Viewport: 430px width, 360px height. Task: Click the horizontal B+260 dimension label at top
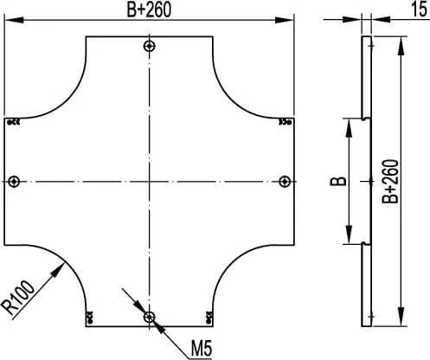[149, 10]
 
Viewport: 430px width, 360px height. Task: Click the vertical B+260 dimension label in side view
[390, 182]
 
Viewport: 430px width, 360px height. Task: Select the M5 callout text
[202, 349]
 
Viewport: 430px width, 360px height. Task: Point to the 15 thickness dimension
[419, 9]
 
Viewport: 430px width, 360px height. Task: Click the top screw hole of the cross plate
[150, 46]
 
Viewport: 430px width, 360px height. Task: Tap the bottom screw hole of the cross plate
[150, 318]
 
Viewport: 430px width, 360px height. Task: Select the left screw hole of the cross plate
[14, 182]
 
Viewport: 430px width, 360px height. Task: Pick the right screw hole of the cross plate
[285, 182]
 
